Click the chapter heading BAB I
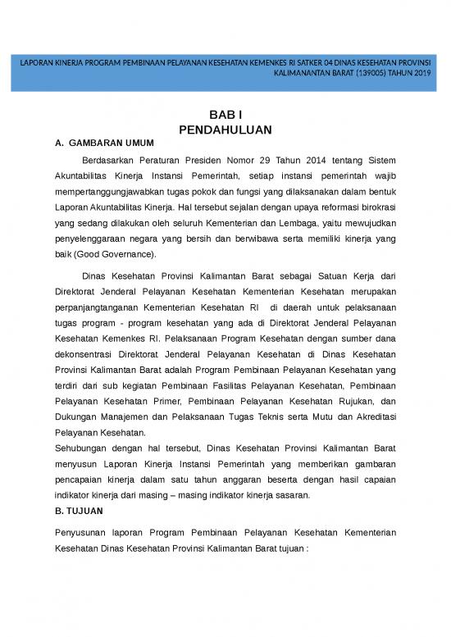[225, 116]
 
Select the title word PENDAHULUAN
[225, 130]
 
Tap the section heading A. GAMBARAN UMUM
[108, 143]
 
